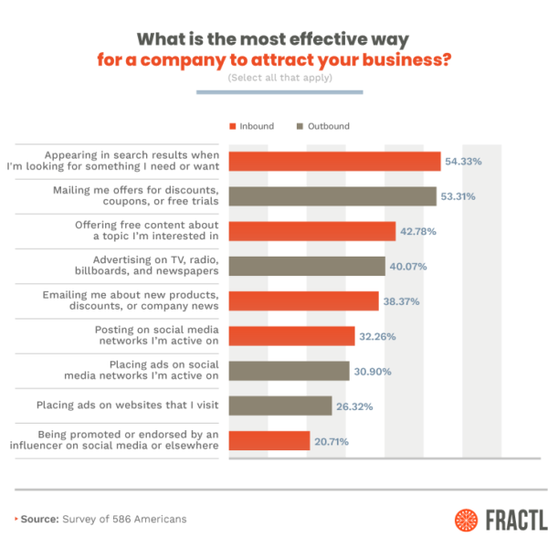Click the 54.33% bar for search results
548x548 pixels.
[x=334, y=161]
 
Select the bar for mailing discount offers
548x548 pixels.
[x=332, y=195]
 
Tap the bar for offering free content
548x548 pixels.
[x=311, y=231]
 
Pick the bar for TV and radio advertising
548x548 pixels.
[x=306, y=266]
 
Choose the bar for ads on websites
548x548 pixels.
[x=279, y=406]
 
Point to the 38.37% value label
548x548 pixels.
[x=402, y=301]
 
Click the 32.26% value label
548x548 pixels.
[x=378, y=336]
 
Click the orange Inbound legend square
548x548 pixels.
[x=232, y=126]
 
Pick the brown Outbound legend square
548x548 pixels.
[x=300, y=126]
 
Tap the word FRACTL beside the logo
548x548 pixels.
[x=516, y=520]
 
